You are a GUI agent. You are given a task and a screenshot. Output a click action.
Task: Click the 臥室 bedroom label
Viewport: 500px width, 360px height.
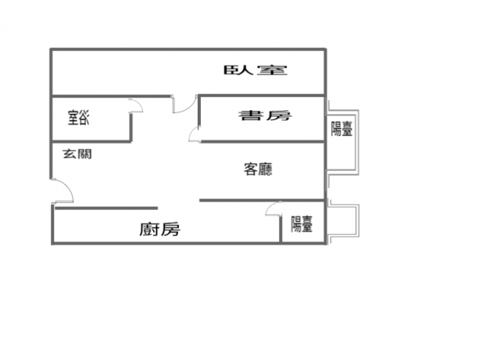point(255,70)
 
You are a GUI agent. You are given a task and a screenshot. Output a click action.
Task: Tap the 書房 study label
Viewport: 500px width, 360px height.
point(265,116)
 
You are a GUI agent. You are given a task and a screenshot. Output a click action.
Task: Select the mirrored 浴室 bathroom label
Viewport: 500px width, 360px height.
point(78,117)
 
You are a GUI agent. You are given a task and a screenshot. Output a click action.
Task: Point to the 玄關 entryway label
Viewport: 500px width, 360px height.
point(77,154)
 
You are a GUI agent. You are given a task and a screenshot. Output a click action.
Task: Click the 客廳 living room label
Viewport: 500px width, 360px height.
point(259,169)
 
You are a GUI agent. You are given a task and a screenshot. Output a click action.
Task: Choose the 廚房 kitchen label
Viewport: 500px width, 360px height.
point(159,229)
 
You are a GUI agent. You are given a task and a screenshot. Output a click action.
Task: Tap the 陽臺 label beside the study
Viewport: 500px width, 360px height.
point(341,129)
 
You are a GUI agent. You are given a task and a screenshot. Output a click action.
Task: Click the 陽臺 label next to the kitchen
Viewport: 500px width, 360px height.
point(302,224)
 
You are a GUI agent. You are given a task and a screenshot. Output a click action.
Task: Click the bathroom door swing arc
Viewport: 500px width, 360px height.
point(139,102)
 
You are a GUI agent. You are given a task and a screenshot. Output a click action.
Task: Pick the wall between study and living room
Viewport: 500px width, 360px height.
point(262,141)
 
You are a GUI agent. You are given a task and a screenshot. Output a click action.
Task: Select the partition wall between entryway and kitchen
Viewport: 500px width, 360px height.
point(106,209)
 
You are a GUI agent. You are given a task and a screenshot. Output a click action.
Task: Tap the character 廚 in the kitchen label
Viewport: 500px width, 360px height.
point(149,230)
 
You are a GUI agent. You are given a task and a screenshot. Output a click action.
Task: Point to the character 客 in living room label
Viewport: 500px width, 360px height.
point(251,169)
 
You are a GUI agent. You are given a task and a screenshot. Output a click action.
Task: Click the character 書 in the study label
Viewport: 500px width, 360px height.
point(251,116)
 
